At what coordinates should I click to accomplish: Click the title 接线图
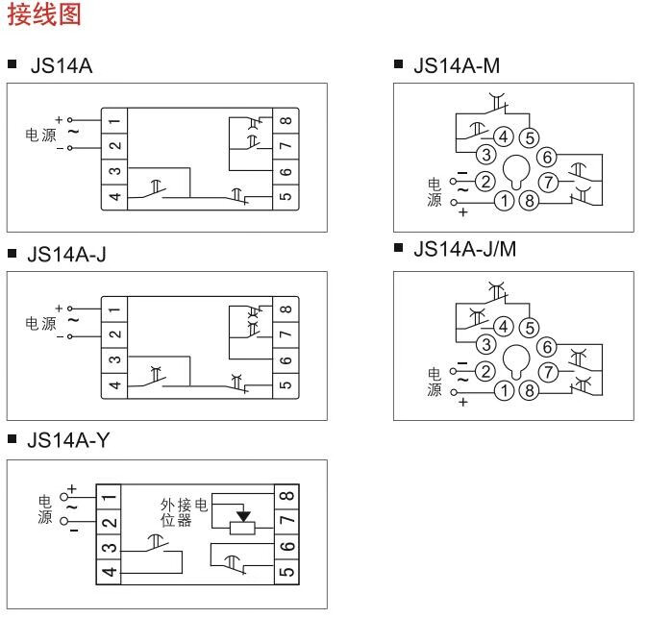[x=44, y=16]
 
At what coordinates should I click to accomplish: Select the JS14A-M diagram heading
[x=456, y=66]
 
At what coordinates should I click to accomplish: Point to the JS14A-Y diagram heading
[x=68, y=440]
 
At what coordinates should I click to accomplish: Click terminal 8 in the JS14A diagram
[x=286, y=121]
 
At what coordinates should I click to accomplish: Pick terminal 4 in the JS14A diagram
[x=114, y=196]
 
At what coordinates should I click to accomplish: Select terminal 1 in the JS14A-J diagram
[x=114, y=309]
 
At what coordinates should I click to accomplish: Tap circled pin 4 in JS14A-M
[x=503, y=136]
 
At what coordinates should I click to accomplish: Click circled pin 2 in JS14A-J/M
[x=486, y=369]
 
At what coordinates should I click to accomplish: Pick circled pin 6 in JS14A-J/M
[x=548, y=347]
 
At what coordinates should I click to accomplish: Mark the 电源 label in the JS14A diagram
[x=40, y=134]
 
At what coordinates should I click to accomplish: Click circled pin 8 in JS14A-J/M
[x=529, y=390]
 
